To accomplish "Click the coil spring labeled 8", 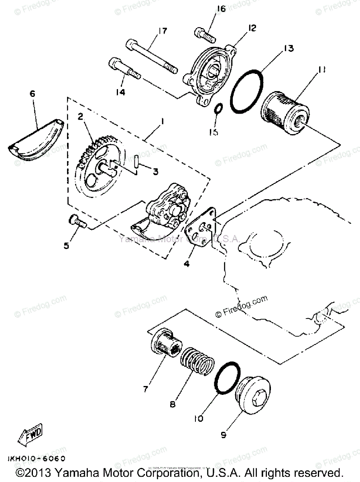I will coord(194,361).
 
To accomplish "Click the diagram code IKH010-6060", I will coord(36,458).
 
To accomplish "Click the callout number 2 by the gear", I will coord(80,117).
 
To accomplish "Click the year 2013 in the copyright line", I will coord(39,473).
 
